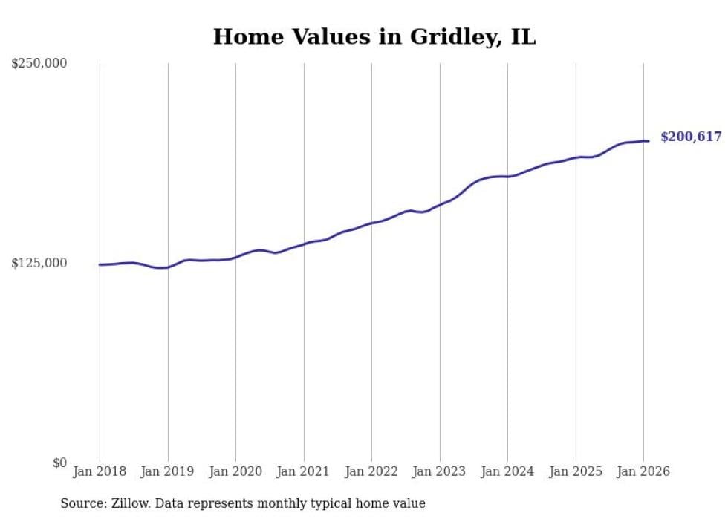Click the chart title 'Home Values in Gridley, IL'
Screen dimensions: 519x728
coord(374,36)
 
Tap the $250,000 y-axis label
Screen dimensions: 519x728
coord(39,64)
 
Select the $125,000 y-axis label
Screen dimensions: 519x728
coord(39,264)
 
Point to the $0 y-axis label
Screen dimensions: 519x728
coord(59,463)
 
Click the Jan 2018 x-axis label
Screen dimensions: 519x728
coord(100,471)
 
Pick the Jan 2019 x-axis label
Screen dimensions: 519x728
coord(168,471)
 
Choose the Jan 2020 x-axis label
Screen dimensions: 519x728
coord(235,471)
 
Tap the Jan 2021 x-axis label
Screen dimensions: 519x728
coord(304,471)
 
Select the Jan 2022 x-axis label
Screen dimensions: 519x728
coord(371,471)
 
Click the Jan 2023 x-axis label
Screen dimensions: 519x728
coord(440,471)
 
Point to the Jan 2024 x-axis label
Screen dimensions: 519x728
coord(507,471)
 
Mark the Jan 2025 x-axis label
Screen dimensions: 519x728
coord(576,471)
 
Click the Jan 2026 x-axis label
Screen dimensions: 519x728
coord(643,471)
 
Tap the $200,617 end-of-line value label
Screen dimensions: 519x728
coord(691,137)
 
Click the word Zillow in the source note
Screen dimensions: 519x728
coord(127,503)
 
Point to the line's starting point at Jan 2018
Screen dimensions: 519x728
coord(100,264)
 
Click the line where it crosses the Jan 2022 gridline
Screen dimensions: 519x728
coord(371,223)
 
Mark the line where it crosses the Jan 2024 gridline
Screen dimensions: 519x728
coord(507,177)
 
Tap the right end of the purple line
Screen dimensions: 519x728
coord(649,141)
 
